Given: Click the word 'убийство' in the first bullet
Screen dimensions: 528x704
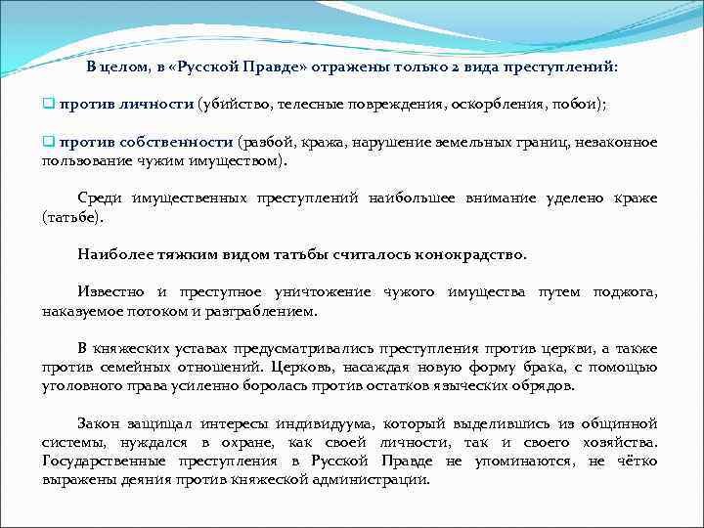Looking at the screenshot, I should point(233,104).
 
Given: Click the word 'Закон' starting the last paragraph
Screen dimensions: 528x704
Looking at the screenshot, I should point(98,424).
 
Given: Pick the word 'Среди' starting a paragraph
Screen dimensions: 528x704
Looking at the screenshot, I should point(99,198).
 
